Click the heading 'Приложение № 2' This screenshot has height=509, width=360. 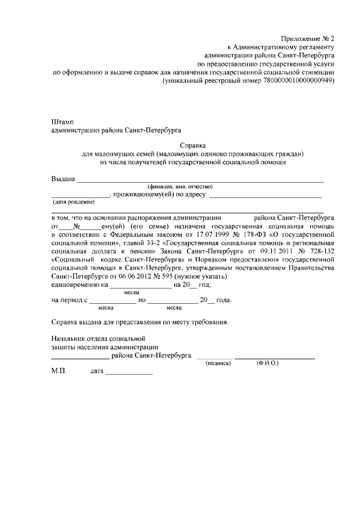point(310,39)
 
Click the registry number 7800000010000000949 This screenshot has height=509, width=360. point(298,81)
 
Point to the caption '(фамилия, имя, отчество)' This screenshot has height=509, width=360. point(179,186)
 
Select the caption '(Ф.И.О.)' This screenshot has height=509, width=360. point(267,363)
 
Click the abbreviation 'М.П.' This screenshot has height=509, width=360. point(58,373)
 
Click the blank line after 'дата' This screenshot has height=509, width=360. point(129,374)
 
